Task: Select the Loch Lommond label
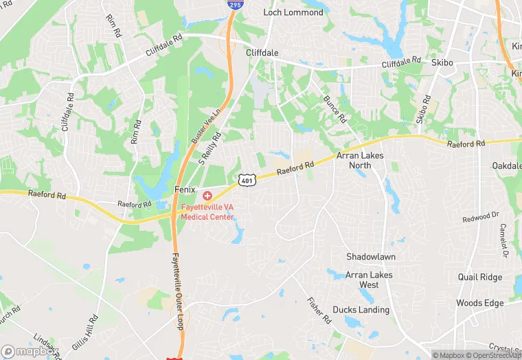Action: pyautogui.click(x=293, y=12)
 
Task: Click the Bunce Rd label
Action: pyautogui.click(x=336, y=109)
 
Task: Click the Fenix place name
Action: pyautogui.click(x=184, y=189)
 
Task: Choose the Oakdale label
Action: pyautogui.click(x=507, y=166)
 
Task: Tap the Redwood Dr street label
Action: pyautogui.click(x=480, y=216)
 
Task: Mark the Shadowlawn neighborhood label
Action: pyautogui.click(x=371, y=256)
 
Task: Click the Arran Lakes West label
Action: pyautogui.click(x=370, y=280)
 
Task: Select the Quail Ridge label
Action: pyautogui.click(x=480, y=278)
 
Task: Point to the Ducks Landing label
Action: pyautogui.click(x=361, y=310)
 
